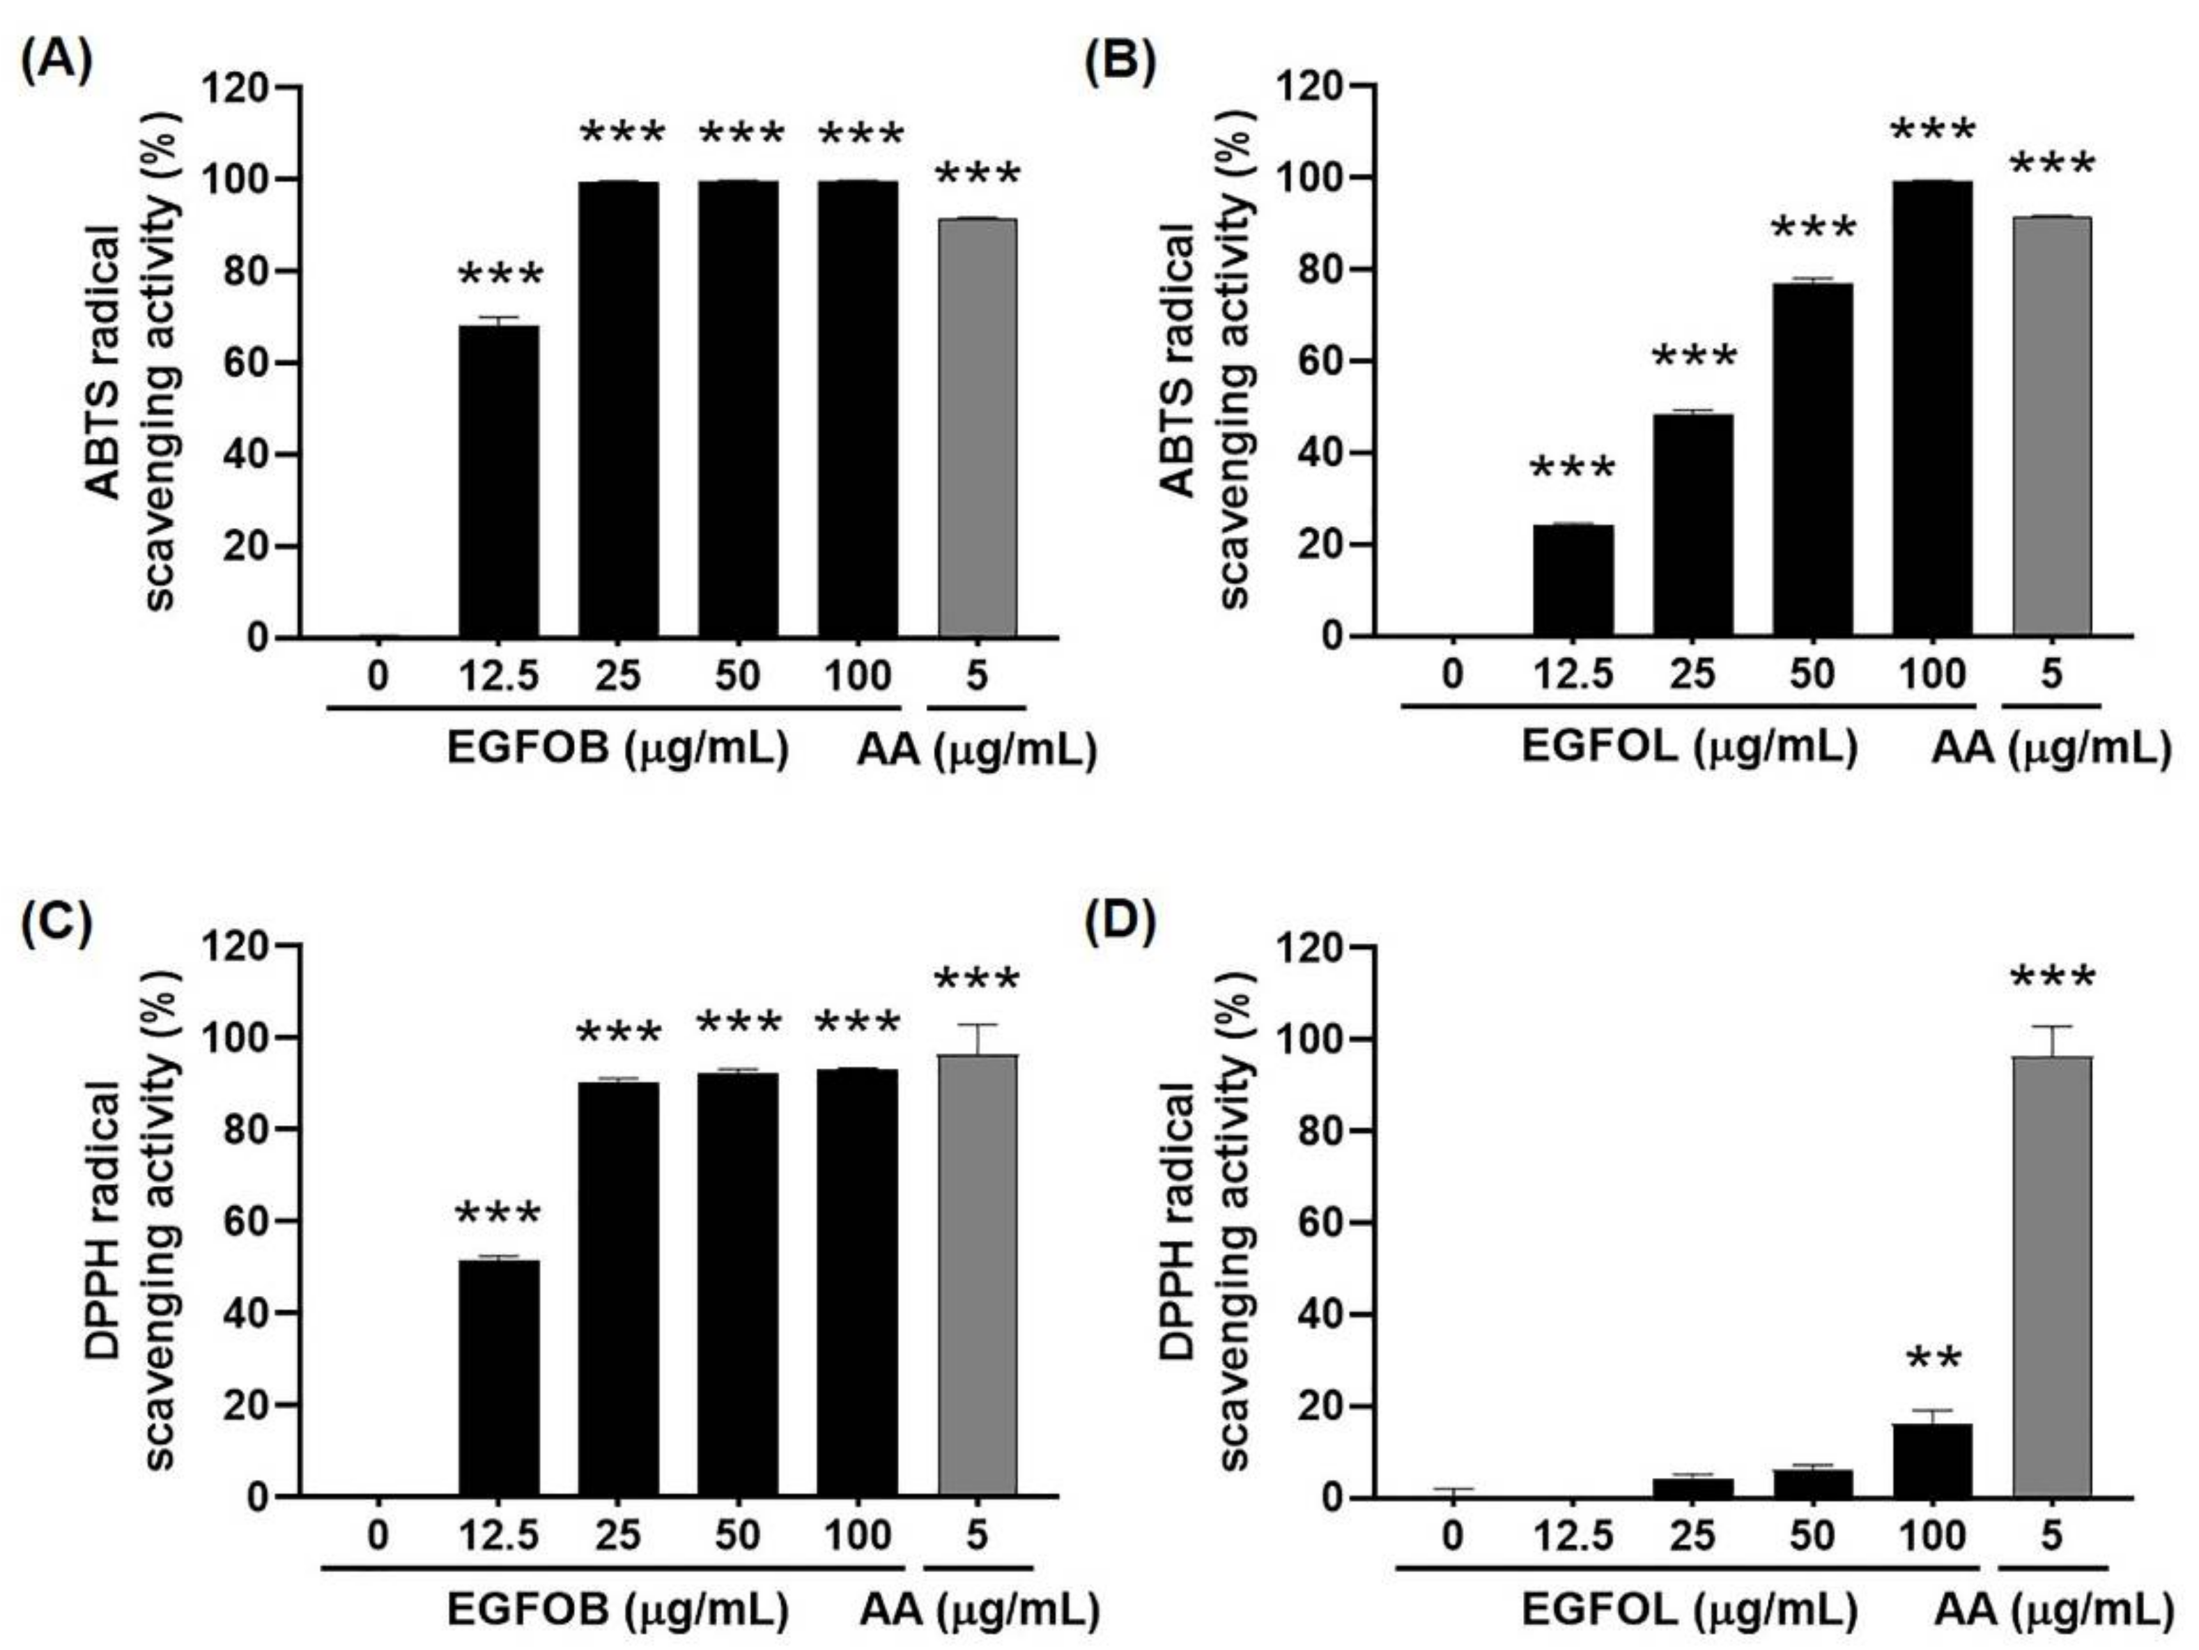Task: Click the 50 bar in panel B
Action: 1812,459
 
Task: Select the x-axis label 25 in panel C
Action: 617,1536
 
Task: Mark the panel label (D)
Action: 1120,923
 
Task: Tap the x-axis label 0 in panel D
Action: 1453,1536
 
